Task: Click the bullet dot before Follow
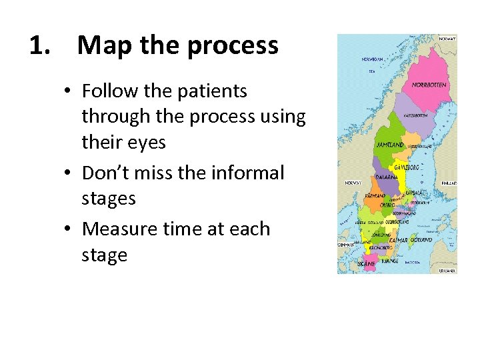click(x=71, y=91)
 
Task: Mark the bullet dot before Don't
click(x=71, y=173)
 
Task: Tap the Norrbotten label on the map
click(x=429, y=85)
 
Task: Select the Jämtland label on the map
click(x=390, y=145)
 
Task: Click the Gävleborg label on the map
click(x=407, y=167)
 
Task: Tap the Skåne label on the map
click(x=367, y=264)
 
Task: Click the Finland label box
click(x=449, y=182)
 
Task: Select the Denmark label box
click(x=347, y=245)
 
